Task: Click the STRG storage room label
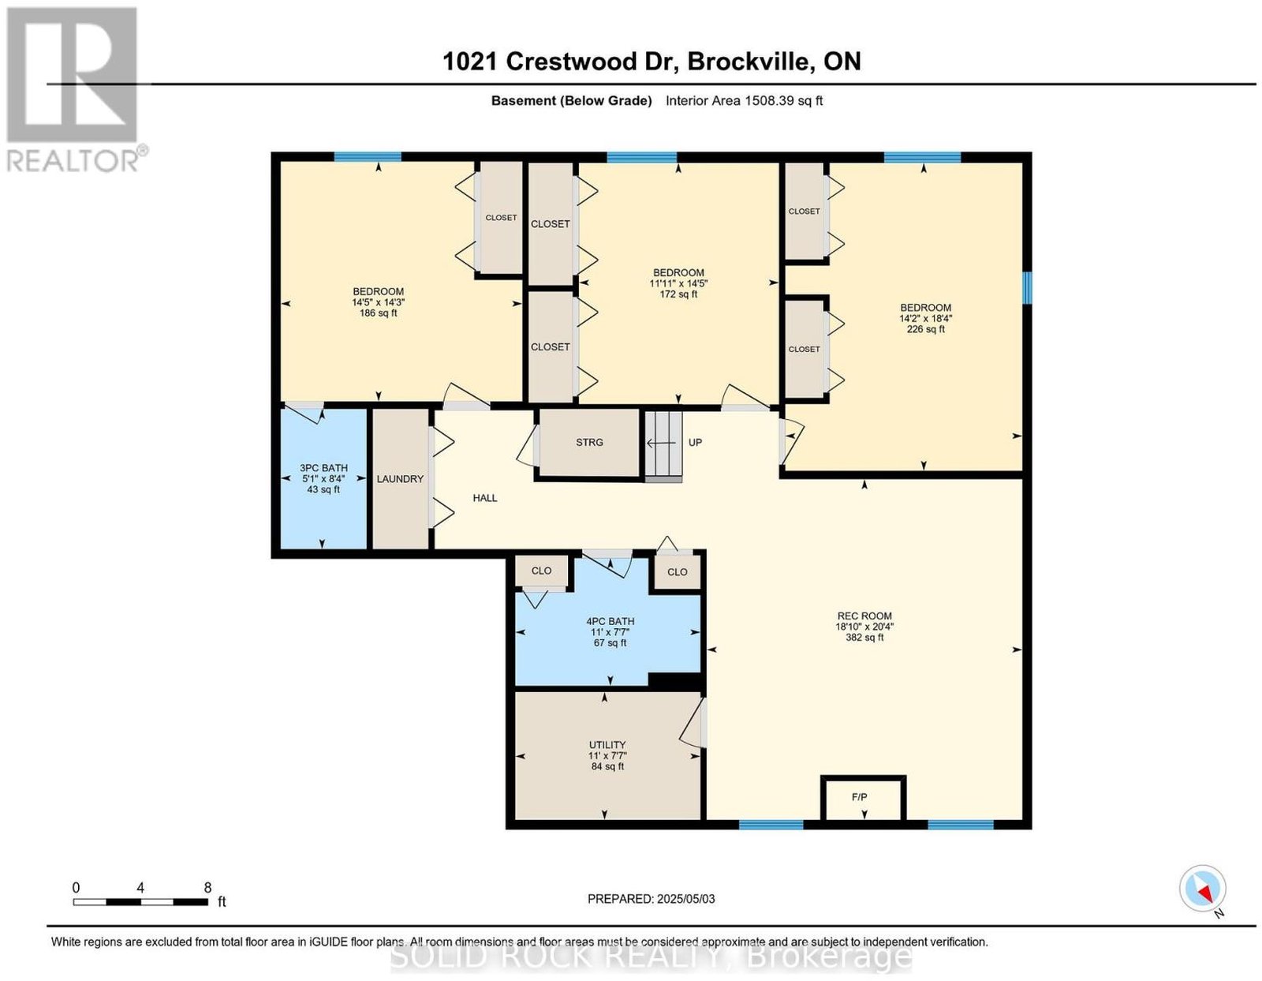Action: point(589,442)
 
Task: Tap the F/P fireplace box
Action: point(862,799)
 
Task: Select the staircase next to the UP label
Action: point(663,446)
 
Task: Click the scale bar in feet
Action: point(140,902)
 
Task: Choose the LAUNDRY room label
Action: point(400,478)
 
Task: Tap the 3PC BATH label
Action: point(323,467)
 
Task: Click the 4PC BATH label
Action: point(610,621)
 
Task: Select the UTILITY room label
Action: point(607,744)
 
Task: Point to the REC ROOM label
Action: point(864,616)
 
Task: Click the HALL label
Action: point(485,498)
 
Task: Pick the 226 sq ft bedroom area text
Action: point(926,329)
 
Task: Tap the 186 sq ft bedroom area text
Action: point(378,313)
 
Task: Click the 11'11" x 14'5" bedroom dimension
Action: point(678,283)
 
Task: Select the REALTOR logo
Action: point(76,90)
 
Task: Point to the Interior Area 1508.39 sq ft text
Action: point(744,100)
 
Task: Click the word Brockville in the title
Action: point(750,61)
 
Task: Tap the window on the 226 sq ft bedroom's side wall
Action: point(1027,288)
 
